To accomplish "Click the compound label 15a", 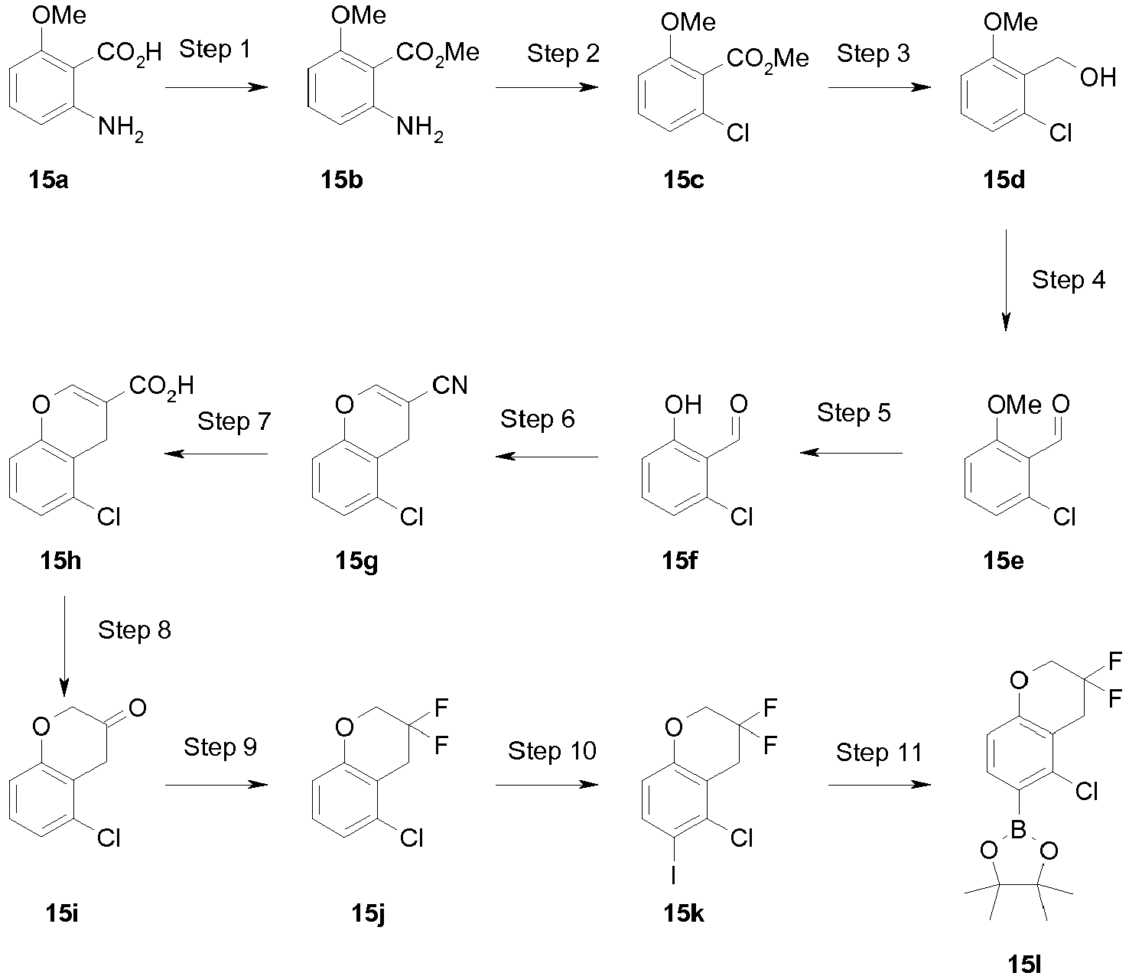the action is point(49,180).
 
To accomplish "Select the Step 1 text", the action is point(215,49).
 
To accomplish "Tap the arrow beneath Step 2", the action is point(547,87).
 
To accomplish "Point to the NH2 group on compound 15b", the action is point(419,129).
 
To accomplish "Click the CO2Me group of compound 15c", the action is point(767,59).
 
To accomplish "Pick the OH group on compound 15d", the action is point(1098,78).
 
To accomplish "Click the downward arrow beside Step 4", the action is point(1006,280).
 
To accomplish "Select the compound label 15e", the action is point(1004,561).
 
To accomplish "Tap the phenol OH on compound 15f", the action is point(683,405).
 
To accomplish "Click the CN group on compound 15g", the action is point(450,386).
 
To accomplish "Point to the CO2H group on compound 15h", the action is point(161,387).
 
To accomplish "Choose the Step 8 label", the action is point(135,630).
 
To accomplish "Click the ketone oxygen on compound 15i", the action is point(138,708).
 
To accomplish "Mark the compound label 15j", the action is point(368,913).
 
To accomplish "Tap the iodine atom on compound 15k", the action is point(673,877).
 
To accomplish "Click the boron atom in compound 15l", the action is point(1019,830).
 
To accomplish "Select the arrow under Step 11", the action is point(880,785).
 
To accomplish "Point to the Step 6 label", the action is point(538,419).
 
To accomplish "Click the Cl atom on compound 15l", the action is point(1086,792).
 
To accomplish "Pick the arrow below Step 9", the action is point(216,785).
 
